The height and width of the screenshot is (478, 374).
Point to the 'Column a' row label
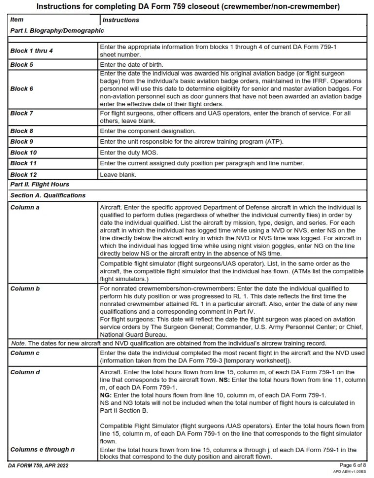[x=25, y=207]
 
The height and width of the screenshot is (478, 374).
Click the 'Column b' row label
[x=25, y=288]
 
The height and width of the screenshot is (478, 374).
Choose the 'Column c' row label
[x=25, y=353]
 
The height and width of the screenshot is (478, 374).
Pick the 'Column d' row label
[x=25, y=372]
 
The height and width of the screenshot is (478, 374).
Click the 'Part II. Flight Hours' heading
[x=40, y=185]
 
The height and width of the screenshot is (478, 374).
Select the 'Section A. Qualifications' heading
[x=48, y=195]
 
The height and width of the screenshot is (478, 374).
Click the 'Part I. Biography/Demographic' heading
[x=57, y=30]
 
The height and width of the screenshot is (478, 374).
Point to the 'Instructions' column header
[x=120, y=20]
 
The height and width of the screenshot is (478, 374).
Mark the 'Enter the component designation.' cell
[x=148, y=131]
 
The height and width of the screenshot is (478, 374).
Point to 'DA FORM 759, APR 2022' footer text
[x=38, y=466]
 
